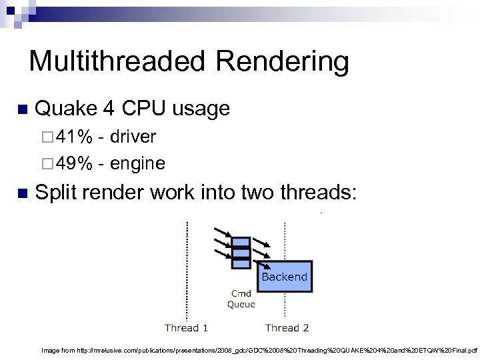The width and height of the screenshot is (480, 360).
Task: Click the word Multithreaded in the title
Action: coord(117,61)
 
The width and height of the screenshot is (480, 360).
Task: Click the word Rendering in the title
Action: coord(282,61)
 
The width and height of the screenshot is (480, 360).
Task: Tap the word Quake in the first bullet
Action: coord(66,108)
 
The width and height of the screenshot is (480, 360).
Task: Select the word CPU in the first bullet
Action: coord(144,108)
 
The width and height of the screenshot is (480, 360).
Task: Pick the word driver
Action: coord(133,137)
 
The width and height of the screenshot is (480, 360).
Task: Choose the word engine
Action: coord(137,163)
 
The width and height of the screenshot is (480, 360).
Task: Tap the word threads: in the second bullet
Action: coord(319,193)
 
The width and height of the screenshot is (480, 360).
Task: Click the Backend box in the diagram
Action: coord(285,276)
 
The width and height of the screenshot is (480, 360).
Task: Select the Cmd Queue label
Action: coord(241,299)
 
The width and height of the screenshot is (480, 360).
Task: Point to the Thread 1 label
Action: coord(187,327)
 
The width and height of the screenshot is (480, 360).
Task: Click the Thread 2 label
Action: coord(287,327)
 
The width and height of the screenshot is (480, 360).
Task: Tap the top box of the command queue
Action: coord(241,242)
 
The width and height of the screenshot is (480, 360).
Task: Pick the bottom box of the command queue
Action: coord(241,263)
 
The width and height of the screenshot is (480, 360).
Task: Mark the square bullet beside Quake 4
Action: coord(21,109)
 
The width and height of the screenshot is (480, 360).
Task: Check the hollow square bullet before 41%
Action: coord(45,138)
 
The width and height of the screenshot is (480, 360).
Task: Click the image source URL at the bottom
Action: coord(259,349)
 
